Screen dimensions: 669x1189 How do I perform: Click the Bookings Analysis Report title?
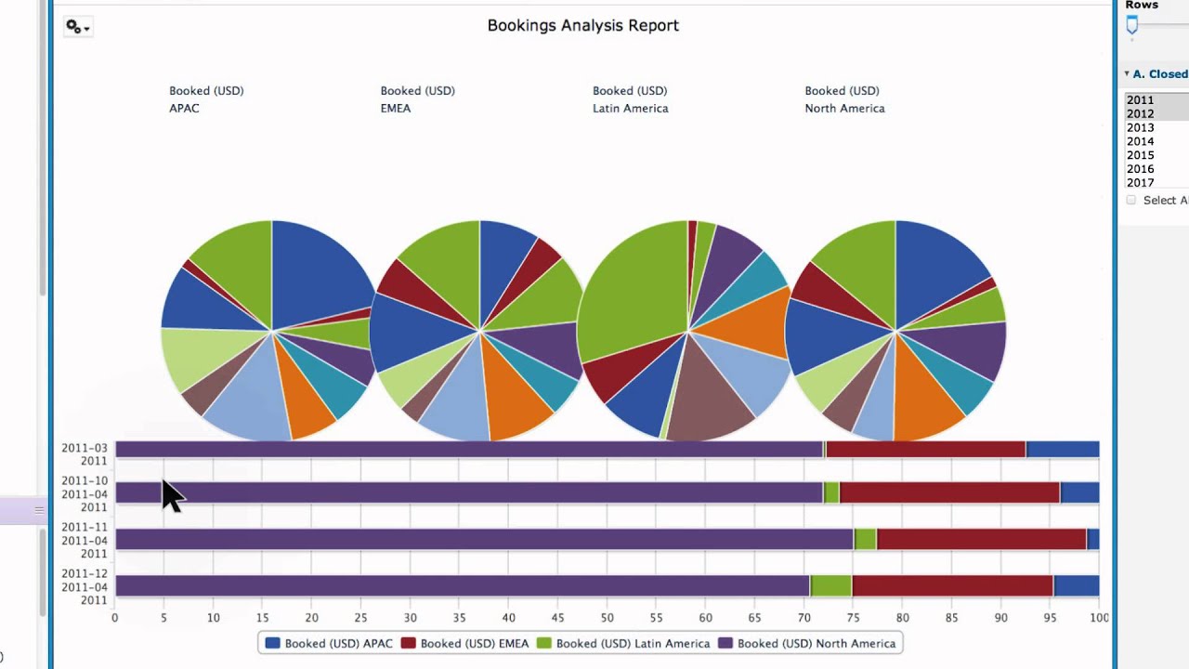tap(582, 26)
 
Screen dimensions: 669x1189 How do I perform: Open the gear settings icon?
tap(76, 27)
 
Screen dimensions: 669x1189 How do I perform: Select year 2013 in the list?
tap(1140, 128)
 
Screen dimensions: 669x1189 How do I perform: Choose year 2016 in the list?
tap(1140, 169)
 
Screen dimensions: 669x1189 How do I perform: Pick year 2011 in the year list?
tap(1140, 100)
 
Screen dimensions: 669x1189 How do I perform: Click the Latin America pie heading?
tap(630, 108)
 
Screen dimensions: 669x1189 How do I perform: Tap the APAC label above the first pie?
tap(184, 108)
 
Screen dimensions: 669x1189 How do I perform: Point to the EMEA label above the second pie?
tap(395, 108)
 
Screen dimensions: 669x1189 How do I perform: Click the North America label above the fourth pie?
tap(843, 108)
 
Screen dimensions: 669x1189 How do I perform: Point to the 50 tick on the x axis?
tap(607, 618)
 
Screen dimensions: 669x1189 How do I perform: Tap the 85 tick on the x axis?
tap(951, 618)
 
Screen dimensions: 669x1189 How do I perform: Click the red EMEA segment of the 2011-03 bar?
tap(925, 450)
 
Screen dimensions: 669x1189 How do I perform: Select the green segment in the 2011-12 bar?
tap(830, 585)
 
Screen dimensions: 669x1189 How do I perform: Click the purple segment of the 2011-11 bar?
tap(483, 539)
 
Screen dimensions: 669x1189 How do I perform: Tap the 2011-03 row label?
tap(85, 448)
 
